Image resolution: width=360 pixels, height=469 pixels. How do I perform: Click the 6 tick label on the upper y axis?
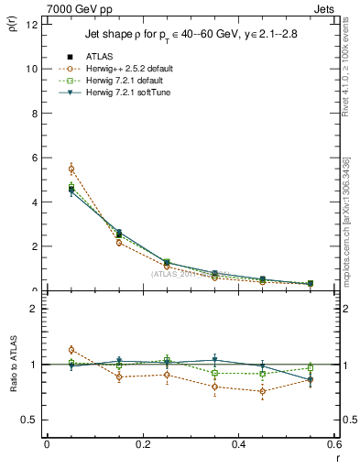click(x=33, y=158)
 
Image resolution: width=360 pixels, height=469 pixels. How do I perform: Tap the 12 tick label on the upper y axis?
click(x=30, y=25)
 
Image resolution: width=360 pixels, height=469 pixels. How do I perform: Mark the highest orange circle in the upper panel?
click(x=71, y=169)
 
